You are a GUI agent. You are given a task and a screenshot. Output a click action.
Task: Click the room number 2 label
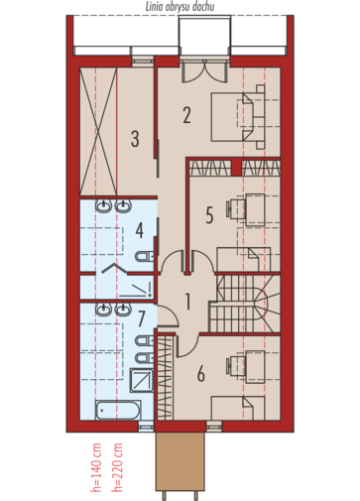coord(186,115)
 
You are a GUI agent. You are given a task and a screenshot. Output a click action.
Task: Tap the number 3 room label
coord(135,139)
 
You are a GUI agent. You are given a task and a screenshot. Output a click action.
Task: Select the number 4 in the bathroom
coord(140,230)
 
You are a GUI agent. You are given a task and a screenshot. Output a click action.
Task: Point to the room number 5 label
coord(209,215)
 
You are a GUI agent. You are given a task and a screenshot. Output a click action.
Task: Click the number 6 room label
coord(201,374)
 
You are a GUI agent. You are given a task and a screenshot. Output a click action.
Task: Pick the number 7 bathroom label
coord(142,318)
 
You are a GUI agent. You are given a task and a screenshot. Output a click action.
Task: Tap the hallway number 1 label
coord(187,302)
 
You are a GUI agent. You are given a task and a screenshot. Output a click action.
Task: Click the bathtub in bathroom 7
coord(118,410)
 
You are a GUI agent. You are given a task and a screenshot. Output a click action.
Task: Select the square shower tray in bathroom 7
coord(142,380)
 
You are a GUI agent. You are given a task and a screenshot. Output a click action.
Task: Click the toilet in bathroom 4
coord(145,257)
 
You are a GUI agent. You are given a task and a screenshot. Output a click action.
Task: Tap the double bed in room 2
coord(238,117)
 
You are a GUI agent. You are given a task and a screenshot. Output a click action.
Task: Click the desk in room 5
coord(255,210)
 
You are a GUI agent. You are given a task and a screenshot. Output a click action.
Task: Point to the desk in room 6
coord(255,367)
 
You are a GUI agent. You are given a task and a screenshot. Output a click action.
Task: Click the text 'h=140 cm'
coord(96,467)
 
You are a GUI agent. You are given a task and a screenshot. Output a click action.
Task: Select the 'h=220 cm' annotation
coord(117,467)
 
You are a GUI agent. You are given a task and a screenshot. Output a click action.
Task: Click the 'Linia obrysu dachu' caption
coord(180,7)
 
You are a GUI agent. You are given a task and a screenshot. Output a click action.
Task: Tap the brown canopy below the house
coord(180,461)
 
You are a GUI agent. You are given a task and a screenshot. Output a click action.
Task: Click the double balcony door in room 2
coord(204,70)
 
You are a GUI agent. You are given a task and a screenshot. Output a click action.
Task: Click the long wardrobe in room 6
coord(165,377)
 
